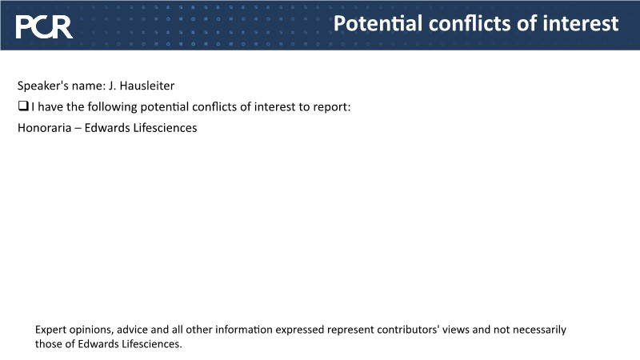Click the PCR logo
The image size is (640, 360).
pyautogui.click(x=44, y=27)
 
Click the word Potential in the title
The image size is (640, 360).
pyautogui.click(x=378, y=23)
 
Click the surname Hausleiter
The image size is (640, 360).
pyautogui.click(x=147, y=86)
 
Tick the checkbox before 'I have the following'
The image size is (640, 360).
pyautogui.click(x=23, y=106)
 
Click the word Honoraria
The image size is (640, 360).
pyautogui.click(x=45, y=128)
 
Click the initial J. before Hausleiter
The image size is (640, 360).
pyautogui.click(x=112, y=86)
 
